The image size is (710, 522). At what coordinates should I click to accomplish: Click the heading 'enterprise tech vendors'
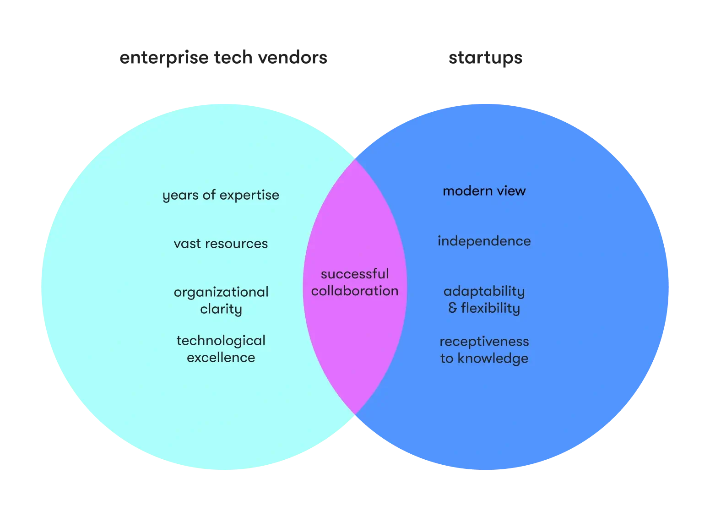point(223,58)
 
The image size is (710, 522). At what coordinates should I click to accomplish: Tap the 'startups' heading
point(485,58)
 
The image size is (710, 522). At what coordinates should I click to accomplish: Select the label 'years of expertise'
point(221,196)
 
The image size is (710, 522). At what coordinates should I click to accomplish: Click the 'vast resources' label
point(221,244)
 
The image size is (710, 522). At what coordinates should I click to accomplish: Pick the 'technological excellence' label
point(221,349)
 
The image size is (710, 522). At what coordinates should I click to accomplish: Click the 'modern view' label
point(484,191)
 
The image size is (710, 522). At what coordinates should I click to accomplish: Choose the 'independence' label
point(484,241)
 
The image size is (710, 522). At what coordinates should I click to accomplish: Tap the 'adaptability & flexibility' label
point(484,300)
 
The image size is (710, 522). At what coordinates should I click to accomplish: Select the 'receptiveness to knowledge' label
point(484,350)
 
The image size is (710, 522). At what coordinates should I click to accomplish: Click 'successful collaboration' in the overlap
point(355,283)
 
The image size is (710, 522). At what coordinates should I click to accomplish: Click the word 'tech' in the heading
point(233,57)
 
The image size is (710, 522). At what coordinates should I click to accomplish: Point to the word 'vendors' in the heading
point(293,57)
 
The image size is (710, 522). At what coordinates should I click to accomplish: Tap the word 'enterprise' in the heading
point(164,58)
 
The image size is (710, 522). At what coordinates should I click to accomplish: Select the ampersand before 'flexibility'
point(453,308)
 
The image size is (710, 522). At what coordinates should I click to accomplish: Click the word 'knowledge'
point(493,359)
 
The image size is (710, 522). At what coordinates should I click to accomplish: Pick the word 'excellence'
point(221,358)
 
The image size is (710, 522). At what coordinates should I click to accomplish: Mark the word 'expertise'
point(249,196)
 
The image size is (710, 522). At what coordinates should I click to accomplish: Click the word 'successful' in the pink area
point(355,274)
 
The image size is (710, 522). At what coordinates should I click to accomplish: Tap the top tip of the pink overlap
point(355,159)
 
